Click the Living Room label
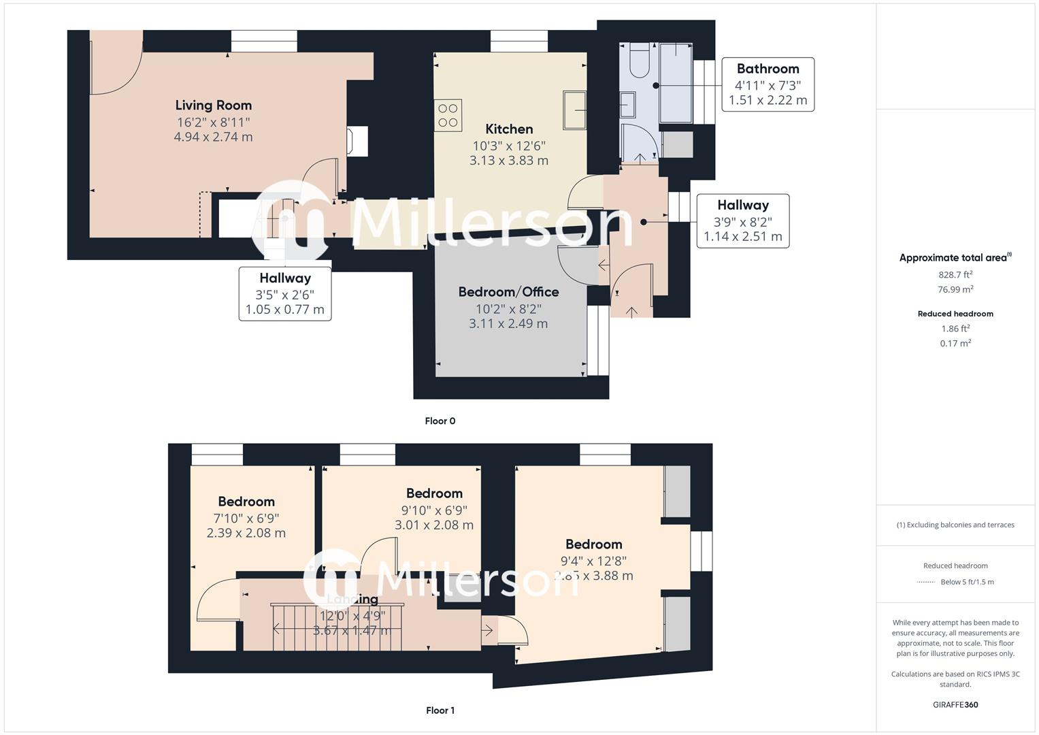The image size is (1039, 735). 213,105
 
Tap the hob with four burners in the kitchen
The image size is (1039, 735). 448,116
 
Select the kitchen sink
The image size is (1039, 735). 575,110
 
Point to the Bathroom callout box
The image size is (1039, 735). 768,84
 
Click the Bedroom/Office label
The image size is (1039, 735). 508,292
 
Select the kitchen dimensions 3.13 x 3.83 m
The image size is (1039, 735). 508,161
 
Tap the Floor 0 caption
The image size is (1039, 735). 440,421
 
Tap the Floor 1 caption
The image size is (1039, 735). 440,710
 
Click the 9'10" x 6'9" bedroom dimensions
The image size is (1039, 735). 434,517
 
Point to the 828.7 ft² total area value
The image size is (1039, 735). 955,275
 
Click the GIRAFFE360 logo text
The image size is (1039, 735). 955,705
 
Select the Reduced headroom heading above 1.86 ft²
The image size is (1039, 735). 955,314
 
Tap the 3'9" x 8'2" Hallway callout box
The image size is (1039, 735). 742,220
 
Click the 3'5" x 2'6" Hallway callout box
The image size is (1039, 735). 284,293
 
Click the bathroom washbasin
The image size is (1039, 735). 628,105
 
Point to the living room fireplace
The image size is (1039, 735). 357,142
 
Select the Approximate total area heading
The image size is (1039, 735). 954,258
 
